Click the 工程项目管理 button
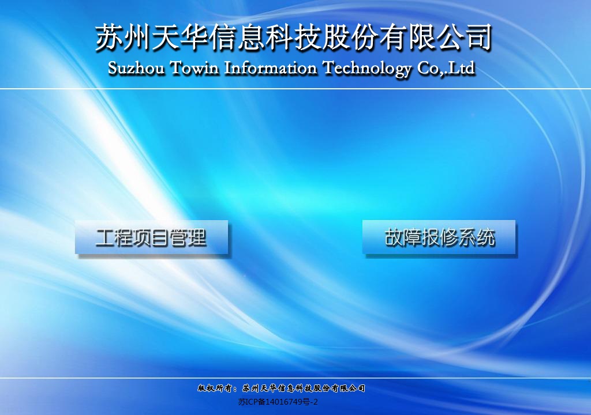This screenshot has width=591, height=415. [x=152, y=237]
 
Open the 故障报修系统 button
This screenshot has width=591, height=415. [x=439, y=237]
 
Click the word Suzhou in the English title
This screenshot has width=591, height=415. [x=136, y=68]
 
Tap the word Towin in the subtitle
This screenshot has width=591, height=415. [x=194, y=68]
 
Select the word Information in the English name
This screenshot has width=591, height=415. [x=271, y=68]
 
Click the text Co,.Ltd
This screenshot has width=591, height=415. [x=446, y=68]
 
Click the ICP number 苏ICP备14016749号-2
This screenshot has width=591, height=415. [x=278, y=402]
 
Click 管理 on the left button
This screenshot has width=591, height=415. [x=188, y=237]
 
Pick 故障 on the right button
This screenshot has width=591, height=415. [x=402, y=237]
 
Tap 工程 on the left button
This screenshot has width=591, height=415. [x=114, y=237]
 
